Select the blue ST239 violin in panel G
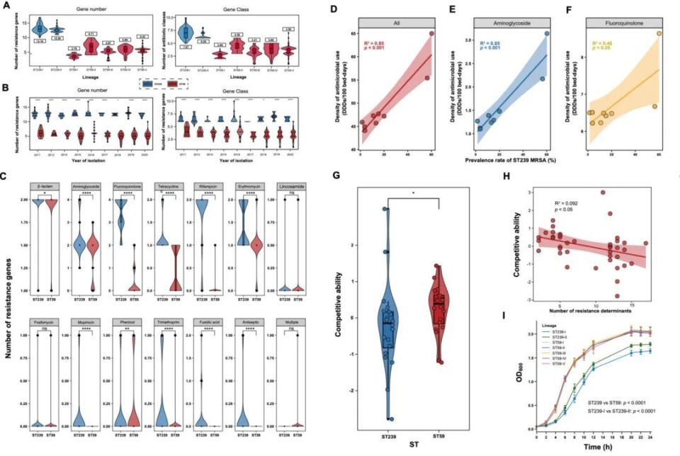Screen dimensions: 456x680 click(x=386, y=312)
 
